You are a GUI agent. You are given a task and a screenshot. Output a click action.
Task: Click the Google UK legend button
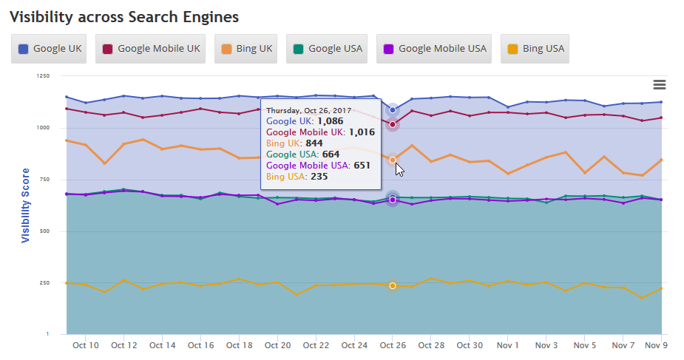50,49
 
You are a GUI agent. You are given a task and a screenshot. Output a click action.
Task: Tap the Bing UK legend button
246,49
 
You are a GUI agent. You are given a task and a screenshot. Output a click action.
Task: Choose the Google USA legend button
327,49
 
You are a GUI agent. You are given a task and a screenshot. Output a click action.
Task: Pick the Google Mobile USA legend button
434,49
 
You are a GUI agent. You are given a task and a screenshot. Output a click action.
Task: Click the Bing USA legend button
535,49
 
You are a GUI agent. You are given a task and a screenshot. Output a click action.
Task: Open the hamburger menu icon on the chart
660,85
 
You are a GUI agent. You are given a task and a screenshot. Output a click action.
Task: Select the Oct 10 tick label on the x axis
86,345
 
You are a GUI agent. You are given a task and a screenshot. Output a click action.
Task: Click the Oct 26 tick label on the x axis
393,345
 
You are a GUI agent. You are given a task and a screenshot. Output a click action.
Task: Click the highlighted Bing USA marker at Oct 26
393,286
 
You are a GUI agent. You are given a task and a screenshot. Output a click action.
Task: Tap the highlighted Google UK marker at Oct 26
393,110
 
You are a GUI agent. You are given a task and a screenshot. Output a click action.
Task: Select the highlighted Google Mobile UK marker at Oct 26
393,124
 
